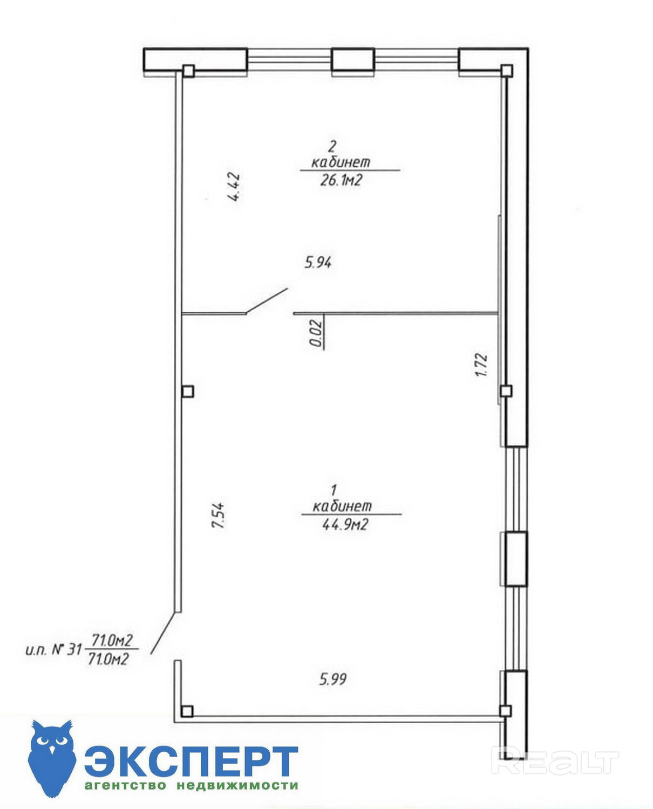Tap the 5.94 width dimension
click(318, 263)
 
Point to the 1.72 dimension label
click(482, 365)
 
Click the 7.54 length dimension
click(219, 516)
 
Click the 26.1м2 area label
click(341, 181)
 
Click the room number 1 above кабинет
click(334, 490)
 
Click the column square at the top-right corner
click(507, 70)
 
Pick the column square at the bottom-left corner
click(187, 711)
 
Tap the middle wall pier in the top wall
click(353, 59)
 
